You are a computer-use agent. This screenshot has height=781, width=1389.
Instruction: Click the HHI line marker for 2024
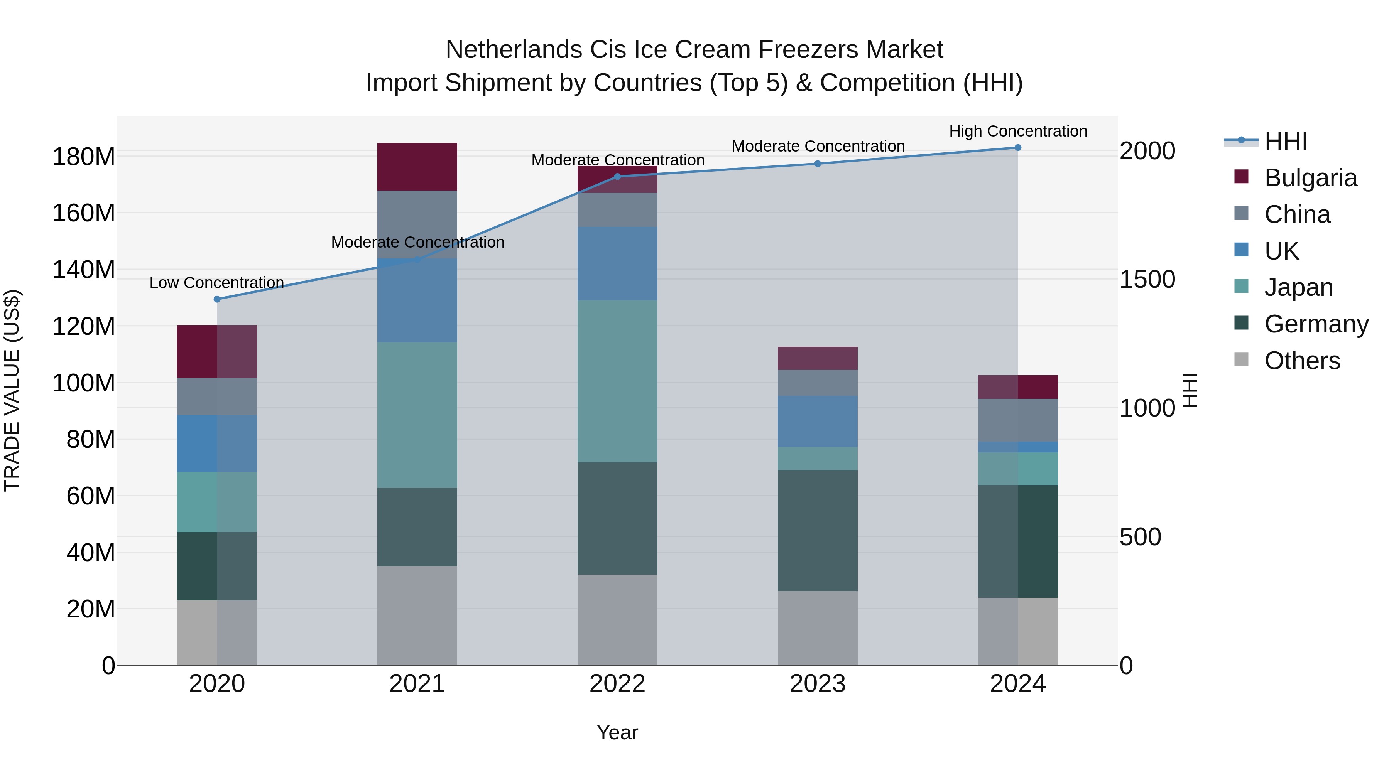(x=1017, y=148)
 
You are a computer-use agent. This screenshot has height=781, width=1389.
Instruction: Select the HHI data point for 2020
(x=217, y=299)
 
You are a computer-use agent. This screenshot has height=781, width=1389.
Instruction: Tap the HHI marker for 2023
(x=818, y=164)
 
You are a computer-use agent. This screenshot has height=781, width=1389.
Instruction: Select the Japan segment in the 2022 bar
(x=617, y=381)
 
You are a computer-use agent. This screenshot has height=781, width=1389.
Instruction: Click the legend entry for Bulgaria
(x=1310, y=178)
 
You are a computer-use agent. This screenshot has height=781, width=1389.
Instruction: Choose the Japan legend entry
(x=1298, y=287)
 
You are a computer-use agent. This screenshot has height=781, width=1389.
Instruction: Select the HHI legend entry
(x=1286, y=141)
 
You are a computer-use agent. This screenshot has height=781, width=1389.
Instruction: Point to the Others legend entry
(x=1302, y=361)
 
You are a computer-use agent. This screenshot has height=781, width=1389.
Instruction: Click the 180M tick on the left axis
(x=84, y=157)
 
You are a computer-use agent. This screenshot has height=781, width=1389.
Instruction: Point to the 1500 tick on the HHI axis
(x=1147, y=279)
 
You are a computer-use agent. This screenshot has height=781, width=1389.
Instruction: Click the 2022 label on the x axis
(x=617, y=684)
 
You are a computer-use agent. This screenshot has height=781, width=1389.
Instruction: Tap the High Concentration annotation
(x=1017, y=131)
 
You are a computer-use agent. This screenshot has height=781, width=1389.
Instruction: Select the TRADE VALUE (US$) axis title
(x=12, y=390)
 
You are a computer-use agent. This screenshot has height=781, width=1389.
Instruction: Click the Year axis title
(x=617, y=732)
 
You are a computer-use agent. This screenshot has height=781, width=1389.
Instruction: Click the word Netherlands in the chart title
(x=513, y=50)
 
